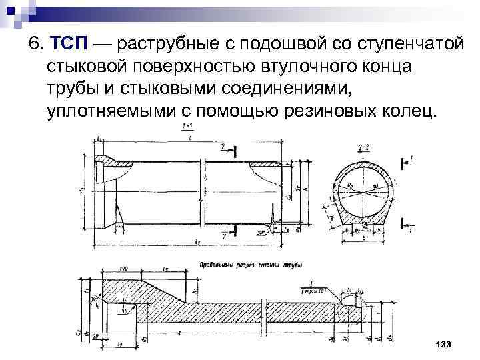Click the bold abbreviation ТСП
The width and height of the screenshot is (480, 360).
68,45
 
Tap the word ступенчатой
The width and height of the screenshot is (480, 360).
406,45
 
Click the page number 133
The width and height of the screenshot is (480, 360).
443,343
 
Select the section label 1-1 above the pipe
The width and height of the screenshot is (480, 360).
189,127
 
